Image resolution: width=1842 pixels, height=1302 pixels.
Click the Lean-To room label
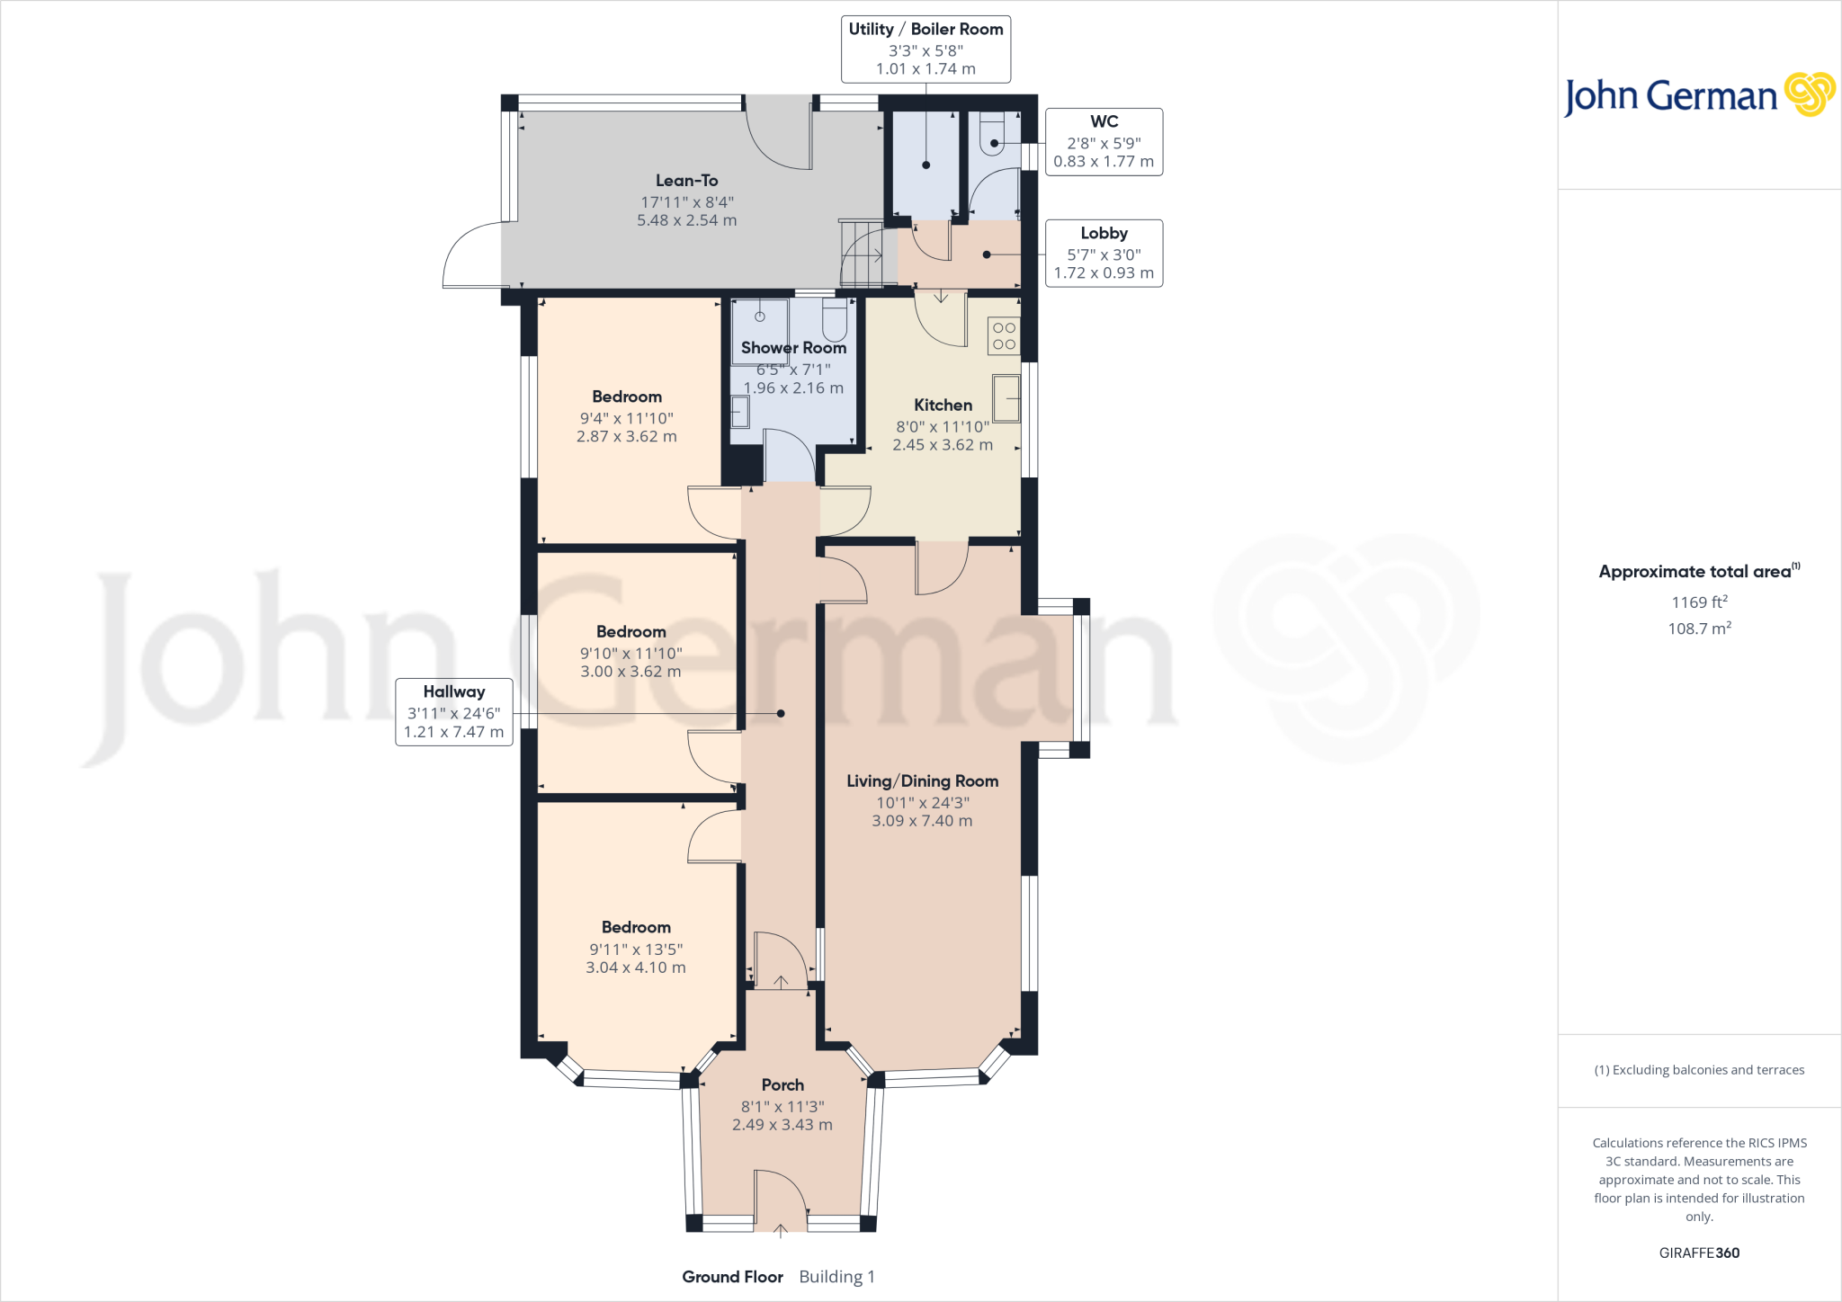coord(686,181)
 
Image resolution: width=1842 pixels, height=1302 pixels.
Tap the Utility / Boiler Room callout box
coord(925,49)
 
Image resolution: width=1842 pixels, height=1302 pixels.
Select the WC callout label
coord(1104,142)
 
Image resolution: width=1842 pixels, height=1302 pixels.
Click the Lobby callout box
coord(1104,254)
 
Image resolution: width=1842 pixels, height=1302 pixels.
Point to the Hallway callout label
coord(453,711)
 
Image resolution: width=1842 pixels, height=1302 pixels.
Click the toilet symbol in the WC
coord(992,137)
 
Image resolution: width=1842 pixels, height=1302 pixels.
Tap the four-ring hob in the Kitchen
coord(1004,336)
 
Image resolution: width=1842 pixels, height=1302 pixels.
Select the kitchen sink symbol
coord(1006,398)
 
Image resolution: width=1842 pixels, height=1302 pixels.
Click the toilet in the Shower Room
coord(835,320)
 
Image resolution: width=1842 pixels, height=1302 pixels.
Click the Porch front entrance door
coord(780,1200)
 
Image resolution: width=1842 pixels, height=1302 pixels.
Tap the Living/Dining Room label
coord(922,781)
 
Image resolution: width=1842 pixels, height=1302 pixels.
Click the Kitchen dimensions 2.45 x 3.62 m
coord(943,445)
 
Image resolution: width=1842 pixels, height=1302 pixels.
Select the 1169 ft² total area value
coord(1699,602)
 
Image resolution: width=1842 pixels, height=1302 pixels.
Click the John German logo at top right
coord(1699,95)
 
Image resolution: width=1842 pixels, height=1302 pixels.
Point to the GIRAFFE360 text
coord(1699,1253)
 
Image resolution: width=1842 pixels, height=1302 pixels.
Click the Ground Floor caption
coord(732,1277)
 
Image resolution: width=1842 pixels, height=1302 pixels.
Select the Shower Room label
coord(793,348)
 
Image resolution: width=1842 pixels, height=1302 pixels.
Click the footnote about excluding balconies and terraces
coord(1699,1070)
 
